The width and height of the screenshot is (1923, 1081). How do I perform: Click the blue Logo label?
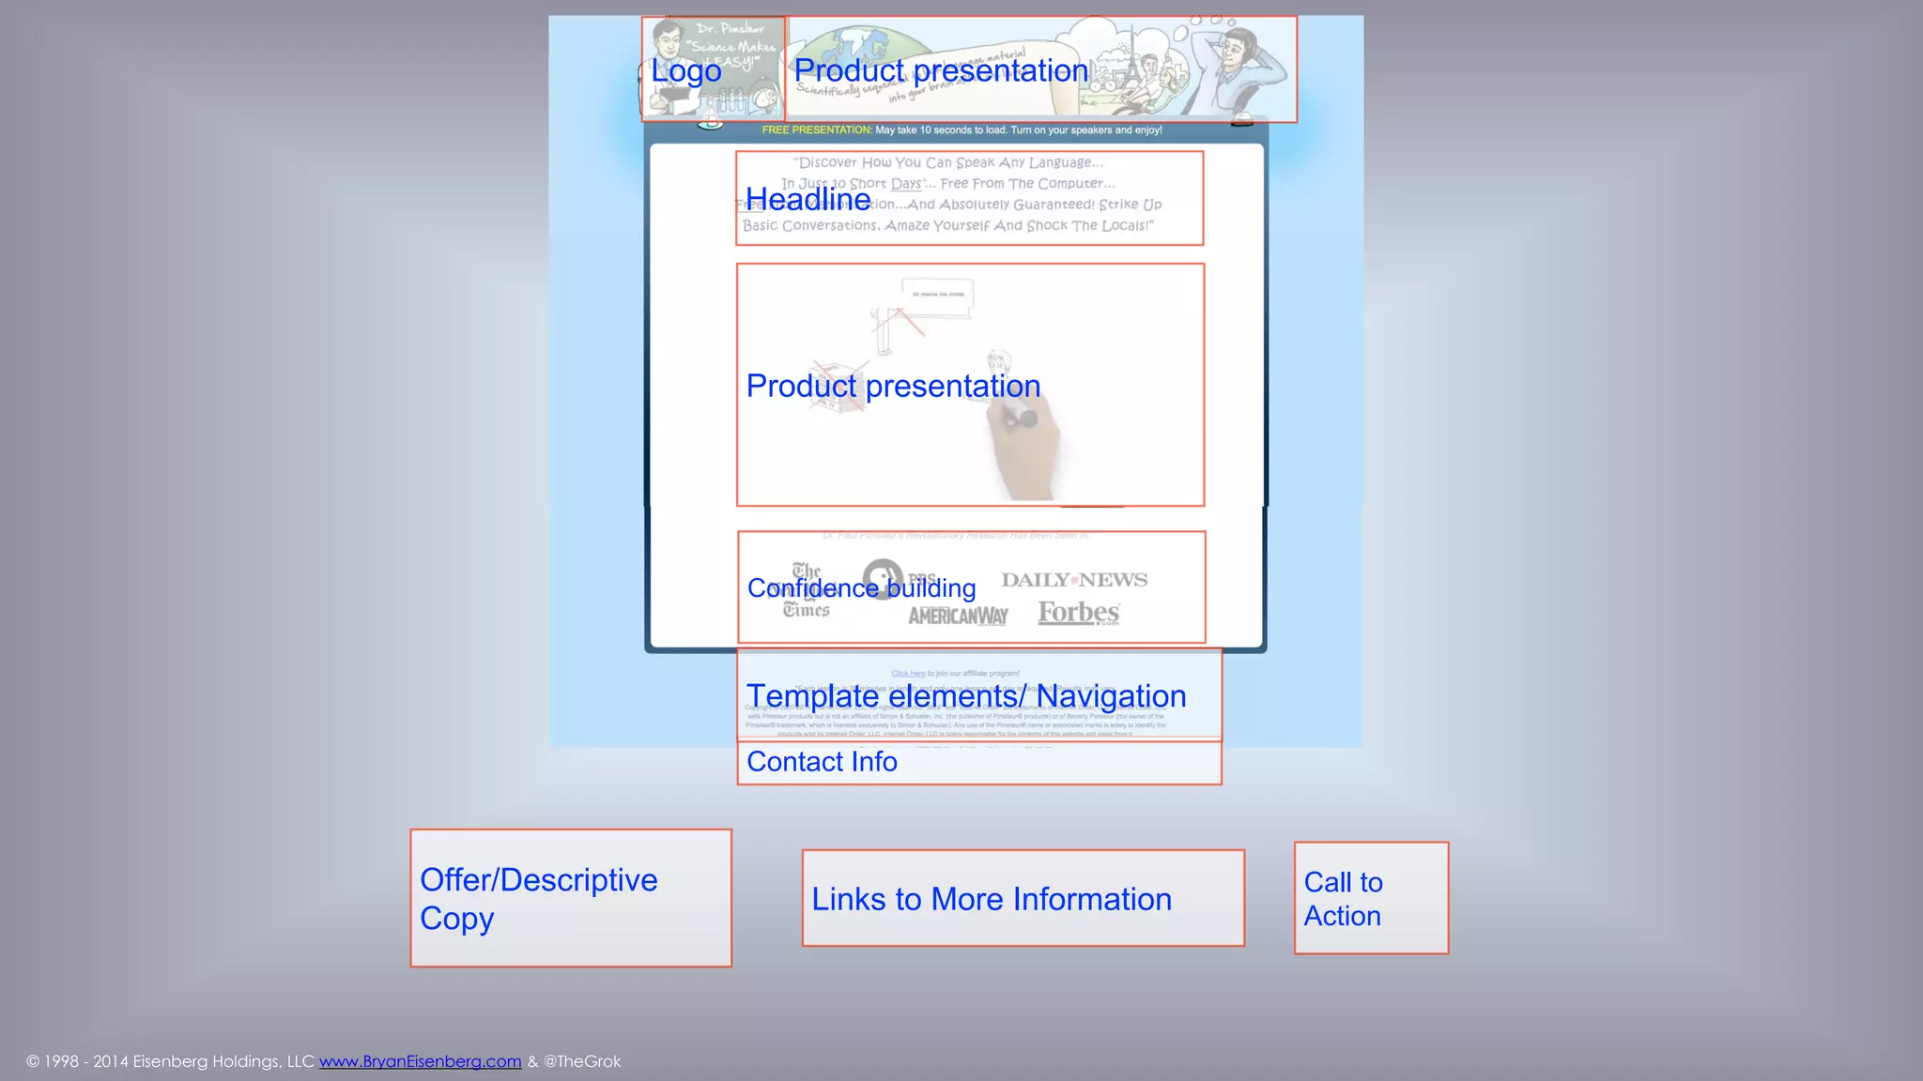click(686, 71)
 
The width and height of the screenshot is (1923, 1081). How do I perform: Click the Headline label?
click(808, 200)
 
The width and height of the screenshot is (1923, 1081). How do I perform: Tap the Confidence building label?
click(861, 588)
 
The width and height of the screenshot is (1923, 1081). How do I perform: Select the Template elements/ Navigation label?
click(966, 696)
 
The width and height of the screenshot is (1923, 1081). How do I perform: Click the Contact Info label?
click(822, 762)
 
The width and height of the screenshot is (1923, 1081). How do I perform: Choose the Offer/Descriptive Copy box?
click(571, 898)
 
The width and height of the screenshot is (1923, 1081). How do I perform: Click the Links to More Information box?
click(1023, 899)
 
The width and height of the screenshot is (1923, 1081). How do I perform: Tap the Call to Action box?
click(1371, 898)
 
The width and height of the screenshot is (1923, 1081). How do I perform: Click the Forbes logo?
click(1079, 613)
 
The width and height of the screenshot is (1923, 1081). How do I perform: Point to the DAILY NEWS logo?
click(1074, 580)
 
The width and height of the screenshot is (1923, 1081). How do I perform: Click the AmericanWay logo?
click(958, 616)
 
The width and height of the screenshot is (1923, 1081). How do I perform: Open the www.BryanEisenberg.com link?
click(420, 1061)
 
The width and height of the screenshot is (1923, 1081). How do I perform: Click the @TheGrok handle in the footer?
click(582, 1061)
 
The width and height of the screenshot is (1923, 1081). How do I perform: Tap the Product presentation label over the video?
click(893, 387)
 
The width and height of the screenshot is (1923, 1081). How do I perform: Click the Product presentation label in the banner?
click(941, 71)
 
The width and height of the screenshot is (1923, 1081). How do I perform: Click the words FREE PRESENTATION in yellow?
click(816, 130)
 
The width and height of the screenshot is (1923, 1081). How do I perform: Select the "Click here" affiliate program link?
click(908, 674)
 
